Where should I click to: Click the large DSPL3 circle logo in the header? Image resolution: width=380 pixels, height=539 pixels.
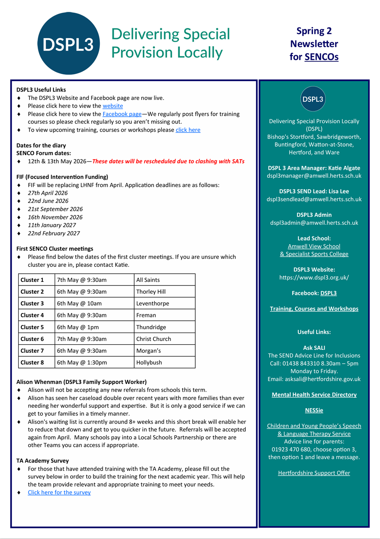68,44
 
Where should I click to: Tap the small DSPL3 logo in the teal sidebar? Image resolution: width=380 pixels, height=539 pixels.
313,99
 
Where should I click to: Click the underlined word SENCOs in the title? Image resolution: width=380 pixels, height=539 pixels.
321,57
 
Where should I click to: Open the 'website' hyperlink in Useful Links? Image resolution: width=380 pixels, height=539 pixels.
113,106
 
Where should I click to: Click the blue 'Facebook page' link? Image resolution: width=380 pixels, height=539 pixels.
122,114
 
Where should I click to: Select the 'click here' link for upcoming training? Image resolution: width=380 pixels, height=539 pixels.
188,130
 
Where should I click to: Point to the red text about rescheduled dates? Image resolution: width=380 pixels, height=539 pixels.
168,161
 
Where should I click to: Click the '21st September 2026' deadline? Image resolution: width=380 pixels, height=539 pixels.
55,209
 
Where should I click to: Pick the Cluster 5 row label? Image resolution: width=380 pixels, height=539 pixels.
32,327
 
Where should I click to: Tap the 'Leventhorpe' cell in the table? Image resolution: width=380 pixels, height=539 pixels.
153,303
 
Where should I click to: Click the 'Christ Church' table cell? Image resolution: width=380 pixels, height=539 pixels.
154,339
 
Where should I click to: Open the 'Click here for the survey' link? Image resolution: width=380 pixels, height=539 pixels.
59,492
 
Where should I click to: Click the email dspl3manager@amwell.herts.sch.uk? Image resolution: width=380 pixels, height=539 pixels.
314,176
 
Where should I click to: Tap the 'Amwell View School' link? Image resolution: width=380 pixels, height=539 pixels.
314,246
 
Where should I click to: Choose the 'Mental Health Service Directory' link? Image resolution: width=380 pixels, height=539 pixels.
314,394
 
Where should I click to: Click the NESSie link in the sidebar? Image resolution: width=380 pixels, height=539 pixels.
314,410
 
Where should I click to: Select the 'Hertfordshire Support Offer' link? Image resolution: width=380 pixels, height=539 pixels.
314,473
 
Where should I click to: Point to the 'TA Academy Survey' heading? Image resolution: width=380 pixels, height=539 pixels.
42,461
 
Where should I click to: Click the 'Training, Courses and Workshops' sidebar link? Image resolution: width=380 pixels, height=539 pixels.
314,309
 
